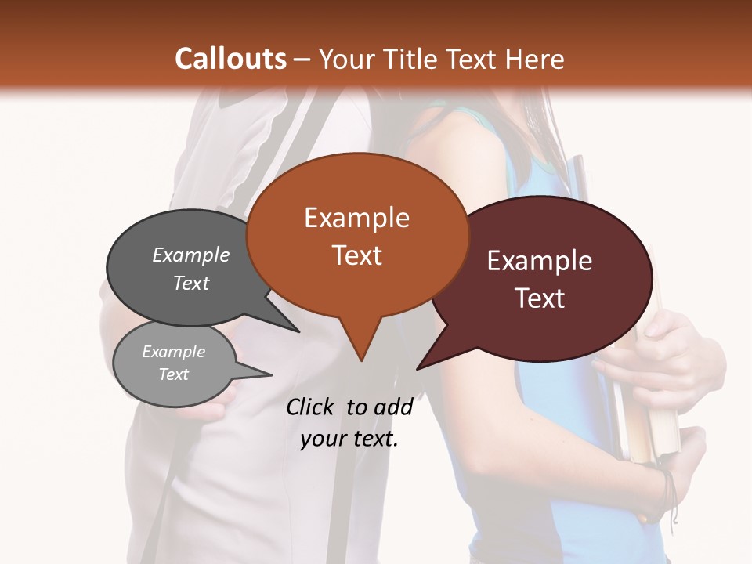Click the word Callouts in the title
click(230, 59)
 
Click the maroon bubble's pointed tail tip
click(418, 368)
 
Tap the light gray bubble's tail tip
click(271, 374)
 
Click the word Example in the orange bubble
click(356, 218)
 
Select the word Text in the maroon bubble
click(540, 298)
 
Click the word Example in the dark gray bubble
click(190, 255)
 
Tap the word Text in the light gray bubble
click(174, 374)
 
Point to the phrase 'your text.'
click(349, 439)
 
